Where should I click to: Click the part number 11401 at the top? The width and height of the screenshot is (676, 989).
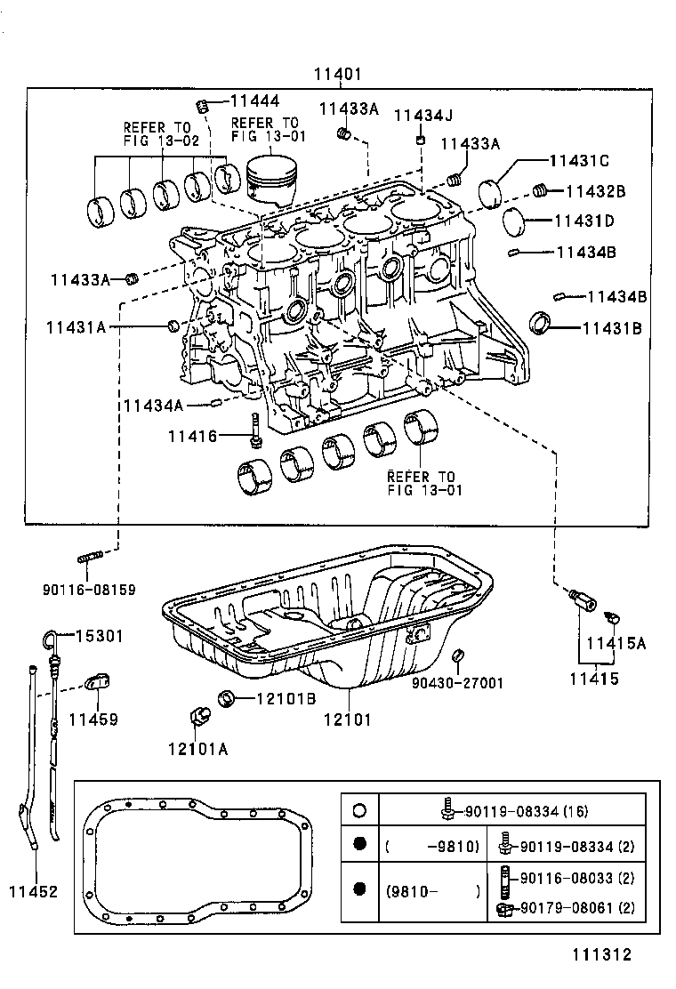coord(338,75)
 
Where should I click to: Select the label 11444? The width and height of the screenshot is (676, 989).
coord(254,102)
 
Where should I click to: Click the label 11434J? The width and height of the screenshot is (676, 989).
coord(423,116)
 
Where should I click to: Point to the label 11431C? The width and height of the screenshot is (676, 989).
coord(578,161)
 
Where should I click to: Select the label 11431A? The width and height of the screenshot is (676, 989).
coord(76,327)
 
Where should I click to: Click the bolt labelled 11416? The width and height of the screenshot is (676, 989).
coord(256,430)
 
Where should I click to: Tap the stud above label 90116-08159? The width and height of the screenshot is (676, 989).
coord(92,559)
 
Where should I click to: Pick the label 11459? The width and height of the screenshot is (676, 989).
coord(93,719)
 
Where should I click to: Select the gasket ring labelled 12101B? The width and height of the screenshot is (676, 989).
coord(227,697)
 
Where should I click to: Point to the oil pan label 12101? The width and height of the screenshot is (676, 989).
coord(347,720)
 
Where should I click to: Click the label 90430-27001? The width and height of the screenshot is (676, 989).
coord(457,683)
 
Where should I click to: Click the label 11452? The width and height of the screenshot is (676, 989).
coord(33,890)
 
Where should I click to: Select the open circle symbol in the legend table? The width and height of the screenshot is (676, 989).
coord(359,810)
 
